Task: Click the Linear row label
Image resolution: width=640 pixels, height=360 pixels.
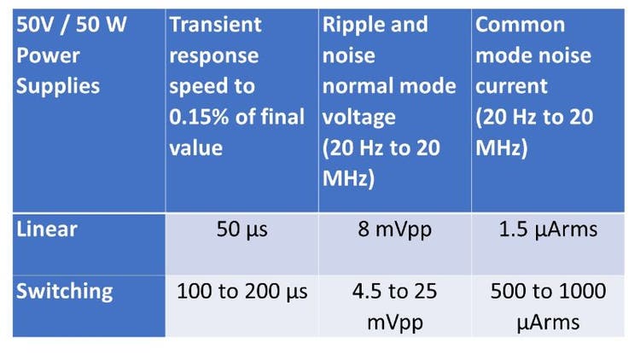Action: pyautogui.click(x=46, y=229)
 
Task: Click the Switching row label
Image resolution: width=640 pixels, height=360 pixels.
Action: pyautogui.click(x=64, y=291)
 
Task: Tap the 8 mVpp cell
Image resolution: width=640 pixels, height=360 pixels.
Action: pyautogui.click(x=395, y=229)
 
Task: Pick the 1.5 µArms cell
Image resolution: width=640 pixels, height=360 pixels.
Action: pyautogui.click(x=548, y=229)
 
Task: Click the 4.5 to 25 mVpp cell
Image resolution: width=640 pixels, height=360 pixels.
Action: pyautogui.click(x=395, y=306)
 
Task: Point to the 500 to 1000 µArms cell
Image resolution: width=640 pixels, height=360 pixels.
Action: pyautogui.click(x=548, y=306)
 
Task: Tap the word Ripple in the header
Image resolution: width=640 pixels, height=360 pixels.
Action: pyautogui.click(x=353, y=24)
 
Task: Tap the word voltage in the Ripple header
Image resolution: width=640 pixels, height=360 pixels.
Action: pyautogui.click(x=358, y=117)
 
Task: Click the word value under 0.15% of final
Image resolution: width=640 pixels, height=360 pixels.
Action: pyautogui.click(x=195, y=148)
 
